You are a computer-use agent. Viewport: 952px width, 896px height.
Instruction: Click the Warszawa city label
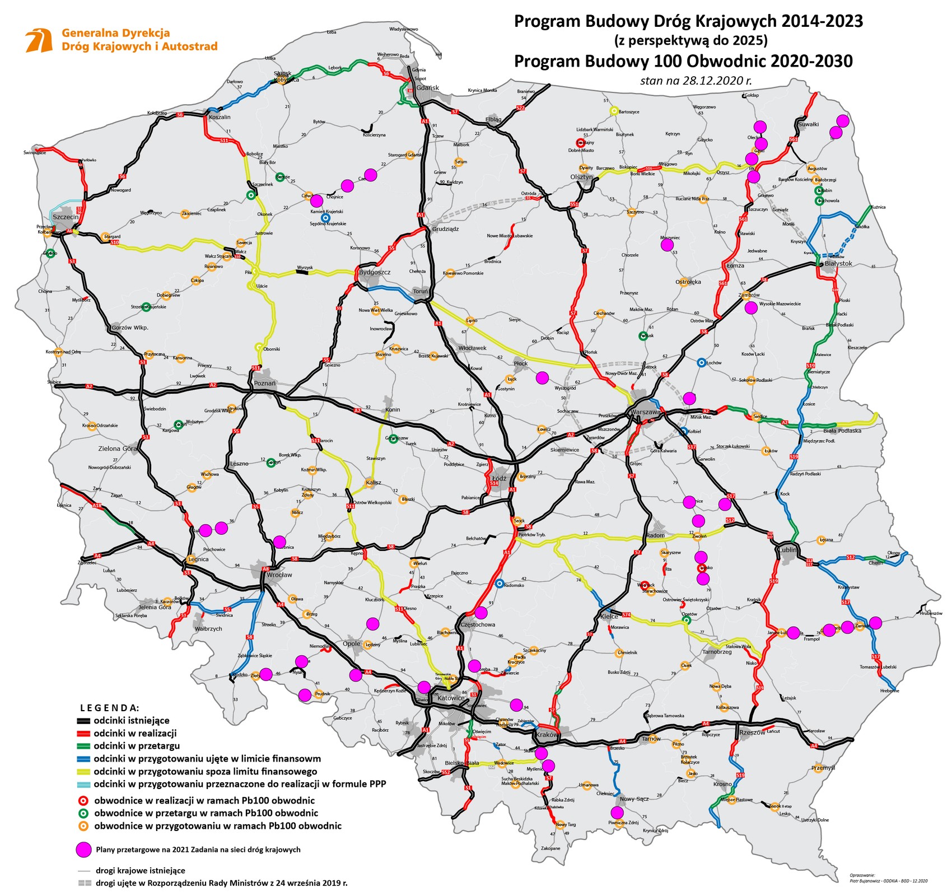pyautogui.click(x=645, y=412)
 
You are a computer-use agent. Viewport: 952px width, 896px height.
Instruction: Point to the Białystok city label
pyautogui.click(x=838, y=263)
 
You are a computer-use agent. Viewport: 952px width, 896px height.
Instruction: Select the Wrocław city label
pyautogui.click(x=279, y=575)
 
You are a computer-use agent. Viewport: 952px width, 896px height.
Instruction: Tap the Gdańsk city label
pyautogui.click(x=428, y=88)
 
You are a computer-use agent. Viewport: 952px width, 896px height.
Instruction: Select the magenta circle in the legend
pyautogui.click(x=83, y=849)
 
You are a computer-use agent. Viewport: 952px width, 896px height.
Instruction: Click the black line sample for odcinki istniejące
pyautogui.click(x=83, y=721)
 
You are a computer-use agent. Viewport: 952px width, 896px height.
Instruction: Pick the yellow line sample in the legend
pyautogui.click(x=83, y=772)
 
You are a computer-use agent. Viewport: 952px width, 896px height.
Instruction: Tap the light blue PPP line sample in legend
pyautogui.click(x=83, y=784)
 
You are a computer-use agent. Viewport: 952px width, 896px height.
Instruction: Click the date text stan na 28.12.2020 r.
pyautogui.click(x=696, y=80)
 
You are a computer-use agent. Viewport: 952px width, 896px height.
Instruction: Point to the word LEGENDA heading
pyautogui.click(x=110, y=708)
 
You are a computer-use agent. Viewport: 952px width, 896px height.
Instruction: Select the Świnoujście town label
pyautogui.click(x=35, y=152)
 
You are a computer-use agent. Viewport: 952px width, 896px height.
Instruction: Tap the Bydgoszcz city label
pyautogui.click(x=375, y=272)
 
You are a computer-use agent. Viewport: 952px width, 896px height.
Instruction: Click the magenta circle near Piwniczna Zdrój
pyautogui.click(x=617, y=813)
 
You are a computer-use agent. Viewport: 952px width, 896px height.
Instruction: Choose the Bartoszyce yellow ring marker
pyautogui.click(x=614, y=111)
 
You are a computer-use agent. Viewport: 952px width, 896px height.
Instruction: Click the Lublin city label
pyautogui.click(x=787, y=550)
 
